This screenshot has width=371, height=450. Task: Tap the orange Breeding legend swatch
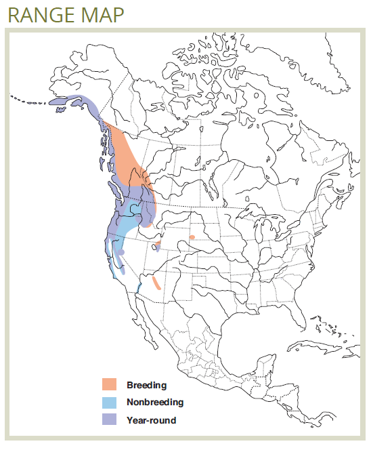tap(112, 385)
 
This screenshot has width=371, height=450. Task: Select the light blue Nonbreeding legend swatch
tap(112, 403)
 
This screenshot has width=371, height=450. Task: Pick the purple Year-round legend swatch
tap(112, 420)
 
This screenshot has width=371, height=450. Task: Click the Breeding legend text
tap(146, 385)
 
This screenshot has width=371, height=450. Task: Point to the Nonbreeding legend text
tap(155, 403)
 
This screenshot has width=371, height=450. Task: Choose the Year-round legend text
tap(151, 420)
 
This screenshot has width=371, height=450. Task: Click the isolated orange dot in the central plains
tap(192, 237)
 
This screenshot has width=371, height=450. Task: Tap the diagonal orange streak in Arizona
tap(156, 282)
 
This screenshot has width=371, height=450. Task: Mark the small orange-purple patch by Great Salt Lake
tap(157, 244)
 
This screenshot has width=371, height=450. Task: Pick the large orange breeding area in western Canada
tap(125, 152)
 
